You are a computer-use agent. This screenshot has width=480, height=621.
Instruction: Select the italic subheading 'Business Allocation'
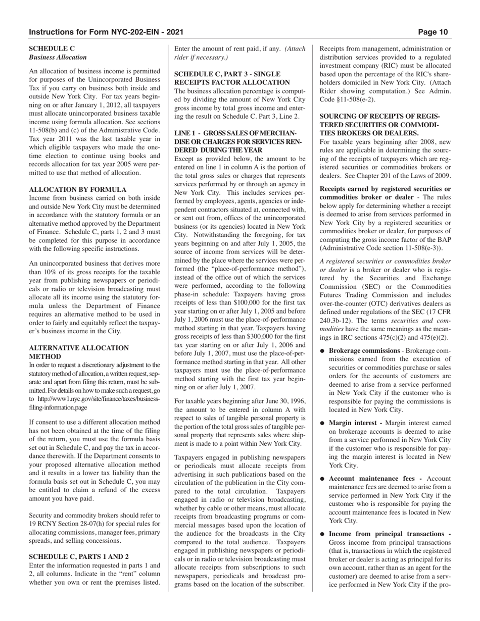58,58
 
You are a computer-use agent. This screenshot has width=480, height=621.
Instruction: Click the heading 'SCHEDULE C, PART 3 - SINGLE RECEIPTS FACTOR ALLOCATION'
232,78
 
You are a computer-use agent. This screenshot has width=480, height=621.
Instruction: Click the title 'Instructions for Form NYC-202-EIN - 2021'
106,32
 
